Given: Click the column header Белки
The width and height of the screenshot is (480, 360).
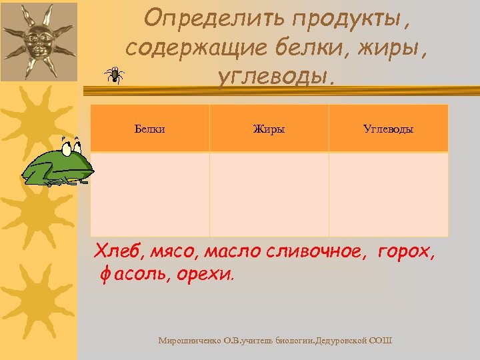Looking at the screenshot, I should (x=149, y=129).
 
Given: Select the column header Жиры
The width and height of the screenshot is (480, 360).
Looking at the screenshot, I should (x=269, y=129).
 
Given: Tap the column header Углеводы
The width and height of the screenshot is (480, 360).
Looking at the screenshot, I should (x=388, y=129).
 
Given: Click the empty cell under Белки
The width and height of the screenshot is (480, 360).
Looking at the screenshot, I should (x=149, y=194).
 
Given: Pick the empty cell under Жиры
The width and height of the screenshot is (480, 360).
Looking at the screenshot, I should (x=269, y=194).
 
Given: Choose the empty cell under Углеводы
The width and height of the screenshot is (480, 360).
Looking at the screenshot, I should (x=388, y=194).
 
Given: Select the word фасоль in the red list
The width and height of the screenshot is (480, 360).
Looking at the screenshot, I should (x=134, y=274).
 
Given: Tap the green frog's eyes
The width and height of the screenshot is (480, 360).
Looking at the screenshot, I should (x=70, y=143).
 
